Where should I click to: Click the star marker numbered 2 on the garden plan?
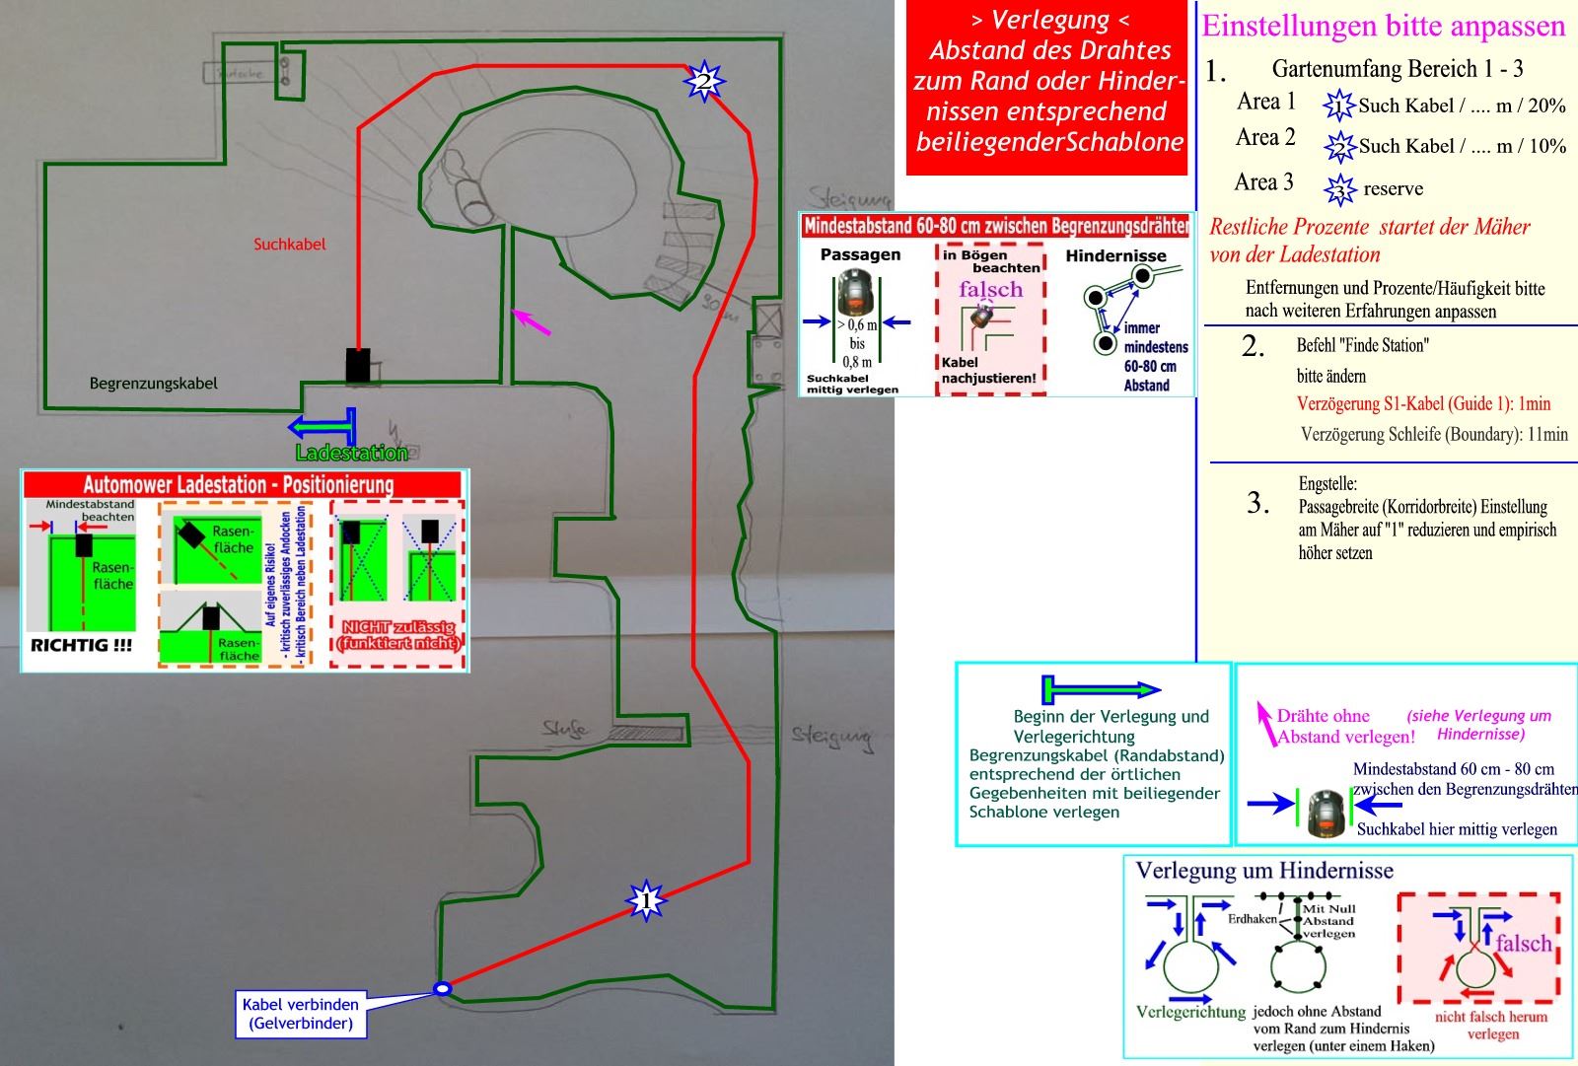click(704, 80)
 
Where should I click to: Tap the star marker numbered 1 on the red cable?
click(646, 900)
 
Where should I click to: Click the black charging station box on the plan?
click(358, 365)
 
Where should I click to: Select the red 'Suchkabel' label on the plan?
click(289, 244)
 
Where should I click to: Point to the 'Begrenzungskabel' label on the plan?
click(153, 383)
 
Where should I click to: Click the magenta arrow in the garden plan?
click(531, 321)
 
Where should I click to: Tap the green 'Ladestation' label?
click(351, 453)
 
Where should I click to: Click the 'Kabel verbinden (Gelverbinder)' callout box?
click(300, 1014)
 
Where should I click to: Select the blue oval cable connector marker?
click(443, 988)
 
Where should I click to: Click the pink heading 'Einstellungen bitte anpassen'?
click(1384, 26)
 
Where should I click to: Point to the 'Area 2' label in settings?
click(1265, 137)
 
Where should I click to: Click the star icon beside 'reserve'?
click(1339, 188)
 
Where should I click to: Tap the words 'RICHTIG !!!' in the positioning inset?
click(81, 646)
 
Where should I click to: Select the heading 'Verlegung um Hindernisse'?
click(1264, 870)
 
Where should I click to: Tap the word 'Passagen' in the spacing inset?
click(860, 254)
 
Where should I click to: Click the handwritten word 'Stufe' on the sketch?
click(566, 730)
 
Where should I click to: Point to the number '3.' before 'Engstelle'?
click(1257, 503)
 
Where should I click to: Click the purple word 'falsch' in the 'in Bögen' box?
click(990, 289)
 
